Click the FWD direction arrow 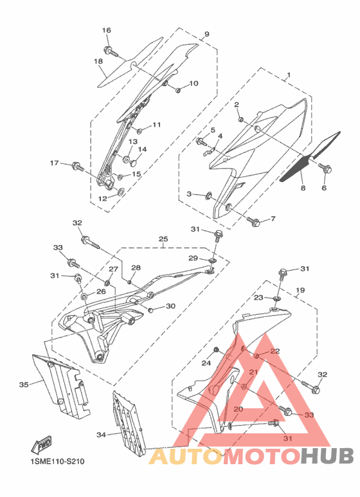[x=40, y=446]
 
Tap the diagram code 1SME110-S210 [x=58, y=462]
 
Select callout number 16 [x=107, y=30]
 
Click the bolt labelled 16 [x=111, y=51]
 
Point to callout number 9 [x=206, y=34]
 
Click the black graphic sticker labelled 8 [x=309, y=158]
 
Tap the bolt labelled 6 [x=325, y=168]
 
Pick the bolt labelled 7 [x=254, y=222]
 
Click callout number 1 [x=289, y=75]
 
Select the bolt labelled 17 [x=78, y=166]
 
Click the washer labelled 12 [x=121, y=192]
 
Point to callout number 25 [x=163, y=239]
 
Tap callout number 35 [x=24, y=384]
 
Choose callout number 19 [x=300, y=290]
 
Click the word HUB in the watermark [x=327, y=456]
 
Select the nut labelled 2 [x=240, y=120]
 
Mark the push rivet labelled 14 [x=132, y=163]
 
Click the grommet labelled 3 [x=209, y=196]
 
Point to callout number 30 [x=170, y=306]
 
